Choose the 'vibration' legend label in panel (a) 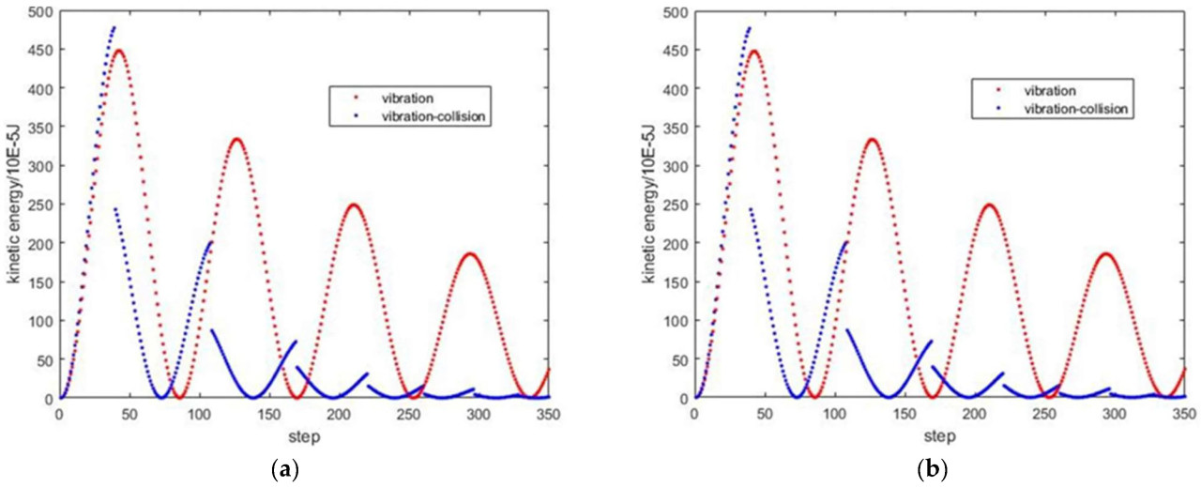391,93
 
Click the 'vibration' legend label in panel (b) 1029,90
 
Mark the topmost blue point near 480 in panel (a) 114,28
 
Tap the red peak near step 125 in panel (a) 236,140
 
